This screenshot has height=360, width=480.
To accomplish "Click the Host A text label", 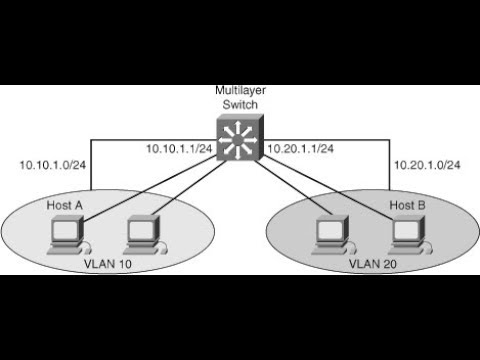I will pyautogui.click(x=66, y=204).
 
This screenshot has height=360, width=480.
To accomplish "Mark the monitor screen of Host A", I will pyautogui.click(x=67, y=229).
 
